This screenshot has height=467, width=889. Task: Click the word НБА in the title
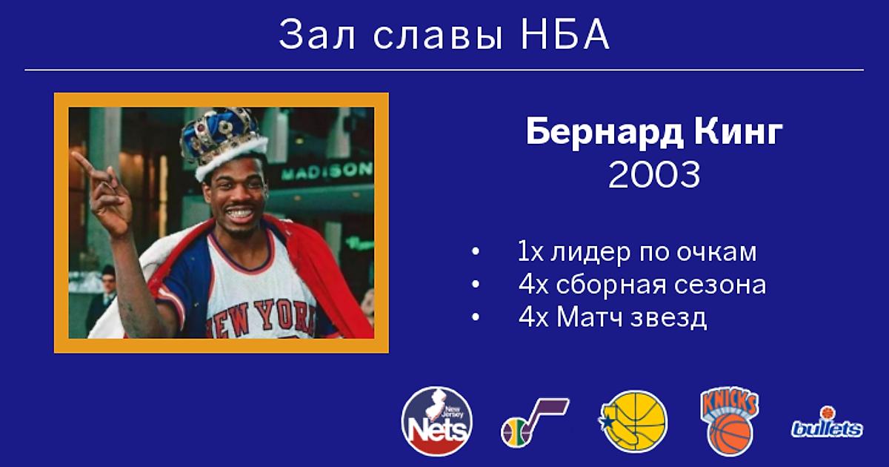[x=565, y=34]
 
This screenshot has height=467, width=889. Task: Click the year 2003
[x=654, y=175]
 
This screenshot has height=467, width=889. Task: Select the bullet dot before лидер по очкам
[x=476, y=252]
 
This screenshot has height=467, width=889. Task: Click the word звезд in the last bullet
[x=669, y=319]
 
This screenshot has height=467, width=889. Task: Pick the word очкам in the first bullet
[x=717, y=253]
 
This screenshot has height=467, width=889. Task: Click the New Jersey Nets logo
[x=436, y=421]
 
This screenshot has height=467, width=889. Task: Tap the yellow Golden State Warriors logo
[x=633, y=421]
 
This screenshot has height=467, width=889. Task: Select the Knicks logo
[x=730, y=422]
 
